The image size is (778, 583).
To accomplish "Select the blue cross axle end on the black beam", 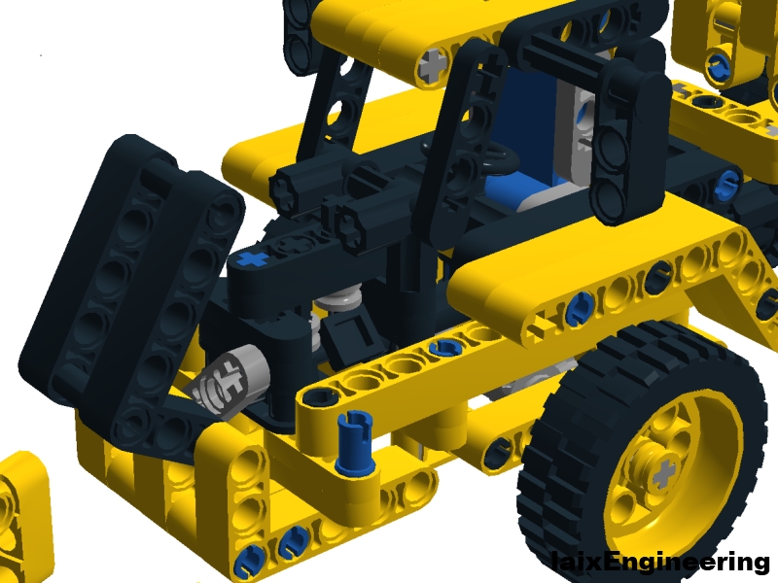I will (252, 259).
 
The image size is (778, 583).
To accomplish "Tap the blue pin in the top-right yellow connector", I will (720, 66).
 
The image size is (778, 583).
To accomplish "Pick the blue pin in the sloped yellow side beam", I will (580, 308).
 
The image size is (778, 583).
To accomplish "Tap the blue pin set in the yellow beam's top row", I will (445, 347).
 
